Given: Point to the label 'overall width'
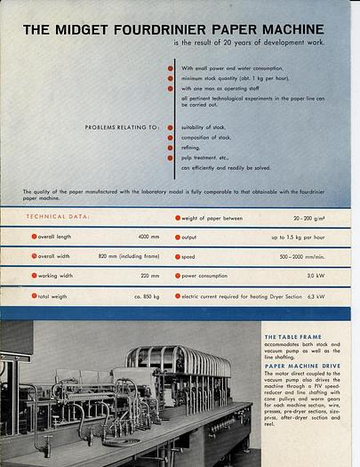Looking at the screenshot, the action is tap(60, 256).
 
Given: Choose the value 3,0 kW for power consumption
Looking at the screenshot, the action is tap(316, 276).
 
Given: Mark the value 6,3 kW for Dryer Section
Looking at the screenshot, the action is tap(315, 295).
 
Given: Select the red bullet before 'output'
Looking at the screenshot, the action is tap(178, 238).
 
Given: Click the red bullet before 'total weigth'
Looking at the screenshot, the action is tap(34, 295).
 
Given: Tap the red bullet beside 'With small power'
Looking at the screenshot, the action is tap(171, 68).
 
